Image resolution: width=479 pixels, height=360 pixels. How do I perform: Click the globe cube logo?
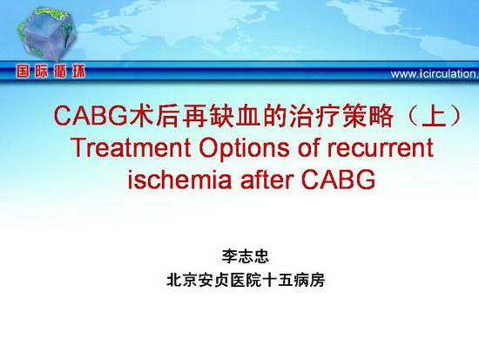coord(46,34)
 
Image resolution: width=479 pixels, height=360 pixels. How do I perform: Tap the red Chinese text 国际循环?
coord(51,71)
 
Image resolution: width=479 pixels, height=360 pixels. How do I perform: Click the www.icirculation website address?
coord(435,74)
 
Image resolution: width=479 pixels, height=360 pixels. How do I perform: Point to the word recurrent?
coord(381,148)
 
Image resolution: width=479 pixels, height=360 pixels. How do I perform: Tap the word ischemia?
coord(179,179)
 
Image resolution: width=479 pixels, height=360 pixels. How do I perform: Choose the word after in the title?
coord(267,179)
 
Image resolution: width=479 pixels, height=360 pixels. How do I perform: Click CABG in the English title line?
coord(338,179)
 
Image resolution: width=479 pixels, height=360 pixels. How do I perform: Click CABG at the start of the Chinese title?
coord(91,116)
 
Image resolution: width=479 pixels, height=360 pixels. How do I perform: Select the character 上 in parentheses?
coord(434,116)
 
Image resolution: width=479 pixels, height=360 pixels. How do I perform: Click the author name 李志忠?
coord(246,257)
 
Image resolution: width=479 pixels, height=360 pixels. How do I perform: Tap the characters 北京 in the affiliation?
coord(182,280)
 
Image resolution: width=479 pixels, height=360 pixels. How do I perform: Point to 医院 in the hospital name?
coord(246,280)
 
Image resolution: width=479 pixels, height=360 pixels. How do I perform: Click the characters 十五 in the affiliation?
coord(277,280)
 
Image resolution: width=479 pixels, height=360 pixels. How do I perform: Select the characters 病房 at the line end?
coord(309,280)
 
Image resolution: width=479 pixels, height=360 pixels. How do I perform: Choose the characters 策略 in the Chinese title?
coord(368,116)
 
